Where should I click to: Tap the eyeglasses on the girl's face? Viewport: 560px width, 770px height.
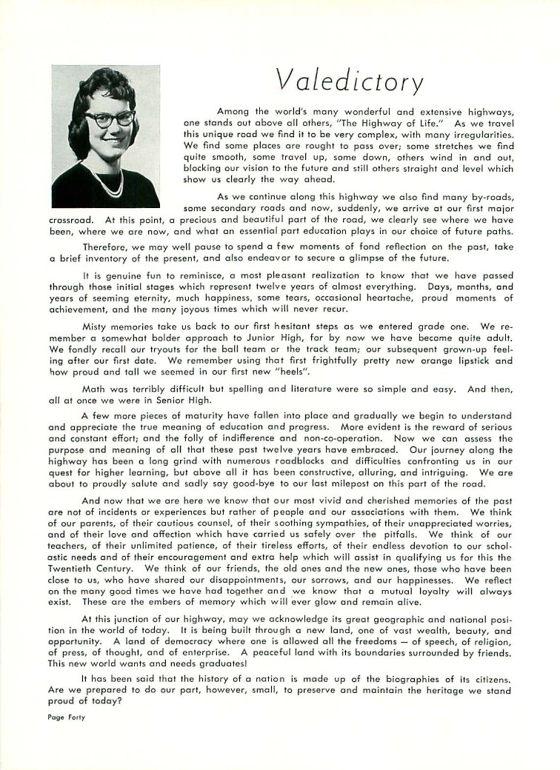[x=110, y=118]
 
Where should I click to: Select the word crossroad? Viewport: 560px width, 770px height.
[x=70, y=219]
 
